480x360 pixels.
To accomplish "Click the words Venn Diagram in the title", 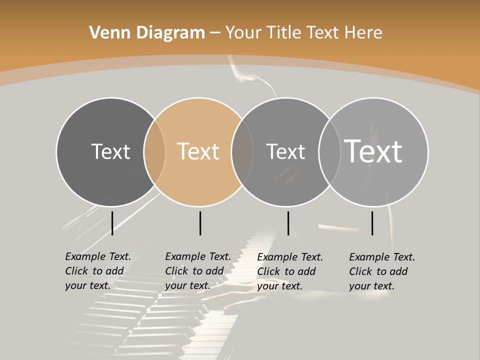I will (x=146, y=33).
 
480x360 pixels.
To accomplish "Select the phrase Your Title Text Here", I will (x=303, y=33).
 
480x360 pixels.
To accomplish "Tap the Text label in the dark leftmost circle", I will (x=110, y=151).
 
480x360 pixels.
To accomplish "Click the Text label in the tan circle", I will (x=198, y=151).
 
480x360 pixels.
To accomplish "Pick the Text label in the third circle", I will (x=285, y=151).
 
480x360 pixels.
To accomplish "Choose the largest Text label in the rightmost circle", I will (x=373, y=151).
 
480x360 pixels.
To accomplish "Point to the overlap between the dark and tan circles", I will (x=154, y=151).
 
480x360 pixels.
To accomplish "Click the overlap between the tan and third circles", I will (x=242, y=151).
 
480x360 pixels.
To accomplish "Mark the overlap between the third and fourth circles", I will (x=329, y=151).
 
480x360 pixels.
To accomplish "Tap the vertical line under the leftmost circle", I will (x=112, y=223).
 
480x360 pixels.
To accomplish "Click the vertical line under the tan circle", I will (x=200, y=223).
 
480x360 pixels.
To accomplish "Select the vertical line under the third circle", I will (x=288, y=223).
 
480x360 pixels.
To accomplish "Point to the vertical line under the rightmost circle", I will (x=372, y=223).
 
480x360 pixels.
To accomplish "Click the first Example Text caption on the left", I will (x=98, y=271).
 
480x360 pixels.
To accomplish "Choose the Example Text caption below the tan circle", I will (x=198, y=271).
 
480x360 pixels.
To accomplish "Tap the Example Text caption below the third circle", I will (x=290, y=271).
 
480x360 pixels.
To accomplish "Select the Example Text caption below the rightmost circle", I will (x=382, y=271).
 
